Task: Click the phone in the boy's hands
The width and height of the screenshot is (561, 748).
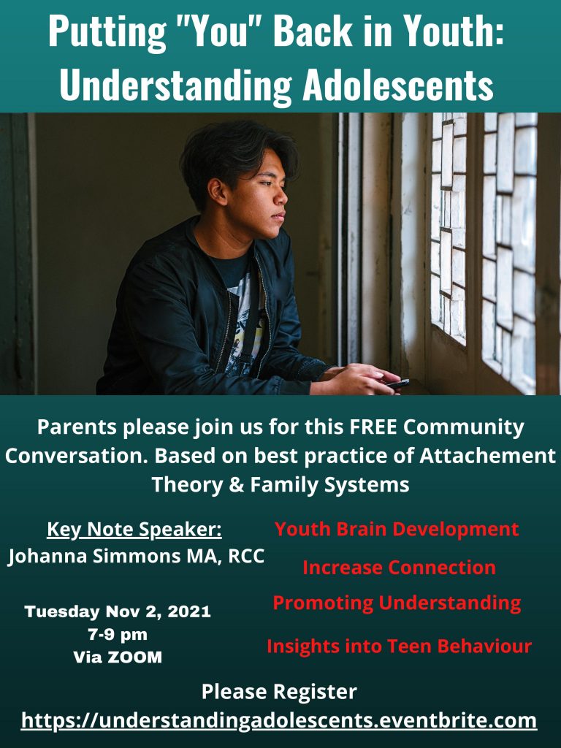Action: point(398,383)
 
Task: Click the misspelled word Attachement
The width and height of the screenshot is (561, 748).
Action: point(487,456)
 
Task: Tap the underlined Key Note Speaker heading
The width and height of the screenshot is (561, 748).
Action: point(134,530)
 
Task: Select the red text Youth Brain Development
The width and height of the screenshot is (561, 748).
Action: point(397,529)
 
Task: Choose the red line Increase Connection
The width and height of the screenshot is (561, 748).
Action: point(399,568)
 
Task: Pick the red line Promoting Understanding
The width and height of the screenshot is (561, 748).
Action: point(397,603)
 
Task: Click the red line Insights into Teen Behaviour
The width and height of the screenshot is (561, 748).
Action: point(399,646)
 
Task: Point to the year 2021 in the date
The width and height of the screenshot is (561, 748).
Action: point(189,611)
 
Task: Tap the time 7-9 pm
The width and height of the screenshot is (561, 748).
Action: point(118,635)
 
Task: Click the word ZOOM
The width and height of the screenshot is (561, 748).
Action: point(135,657)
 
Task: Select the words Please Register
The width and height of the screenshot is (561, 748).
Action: point(279,692)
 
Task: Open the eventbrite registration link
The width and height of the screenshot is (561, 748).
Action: point(279,720)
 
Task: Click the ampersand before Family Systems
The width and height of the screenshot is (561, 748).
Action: point(237,485)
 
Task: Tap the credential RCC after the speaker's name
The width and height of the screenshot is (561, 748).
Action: point(246,556)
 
